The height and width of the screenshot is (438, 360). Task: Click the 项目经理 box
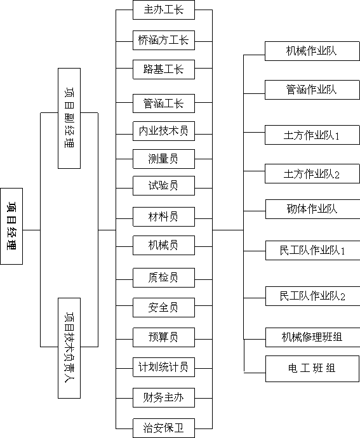[x=11, y=226]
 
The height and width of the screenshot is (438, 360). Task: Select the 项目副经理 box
[x=69, y=119]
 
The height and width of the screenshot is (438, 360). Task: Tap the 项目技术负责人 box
[x=69, y=348]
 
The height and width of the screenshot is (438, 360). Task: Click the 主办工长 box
[x=164, y=10]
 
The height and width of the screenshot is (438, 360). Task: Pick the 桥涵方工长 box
[x=164, y=41]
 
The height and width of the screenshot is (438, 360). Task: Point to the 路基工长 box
[x=164, y=70]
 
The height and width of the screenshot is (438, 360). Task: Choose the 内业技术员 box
[x=164, y=131]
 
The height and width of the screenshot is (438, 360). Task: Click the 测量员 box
[x=164, y=159]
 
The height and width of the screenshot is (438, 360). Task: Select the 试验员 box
[x=164, y=186]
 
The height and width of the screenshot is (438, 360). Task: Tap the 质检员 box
[x=164, y=278]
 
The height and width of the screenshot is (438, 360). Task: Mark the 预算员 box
[x=164, y=338]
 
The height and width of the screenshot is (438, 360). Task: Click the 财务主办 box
[x=164, y=398]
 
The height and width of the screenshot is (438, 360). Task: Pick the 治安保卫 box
[x=164, y=428]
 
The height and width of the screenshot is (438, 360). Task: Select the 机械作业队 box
[x=312, y=51]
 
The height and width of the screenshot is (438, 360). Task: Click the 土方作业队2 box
[x=312, y=174]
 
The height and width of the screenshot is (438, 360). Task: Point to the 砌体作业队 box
[x=313, y=209]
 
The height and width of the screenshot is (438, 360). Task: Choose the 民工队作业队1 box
[x=313, y=251]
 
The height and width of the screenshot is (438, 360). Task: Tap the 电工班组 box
[x=312, y=369]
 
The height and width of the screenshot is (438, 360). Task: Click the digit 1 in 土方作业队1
[x=337, y=136]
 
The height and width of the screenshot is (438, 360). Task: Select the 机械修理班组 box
[x=313, y=338]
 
